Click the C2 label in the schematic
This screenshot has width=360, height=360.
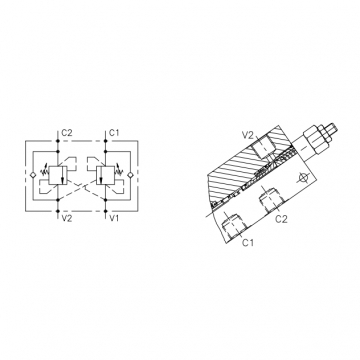[x=67, y=133]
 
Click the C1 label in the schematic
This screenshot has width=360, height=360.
[x=114, y=133]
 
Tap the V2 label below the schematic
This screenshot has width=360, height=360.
[x=67, y=219]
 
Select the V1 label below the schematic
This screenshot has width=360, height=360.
[x=114, y=219]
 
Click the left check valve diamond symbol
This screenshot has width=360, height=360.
[x=33, y=175]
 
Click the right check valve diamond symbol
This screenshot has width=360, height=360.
[x=130, y=175]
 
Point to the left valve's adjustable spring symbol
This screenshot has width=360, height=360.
[x=44, y=172]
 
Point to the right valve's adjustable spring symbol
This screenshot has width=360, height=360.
[x=119, y=172]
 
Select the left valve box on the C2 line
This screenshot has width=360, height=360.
[x=58, y=175]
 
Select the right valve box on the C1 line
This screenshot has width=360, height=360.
[x=105, y=175]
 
